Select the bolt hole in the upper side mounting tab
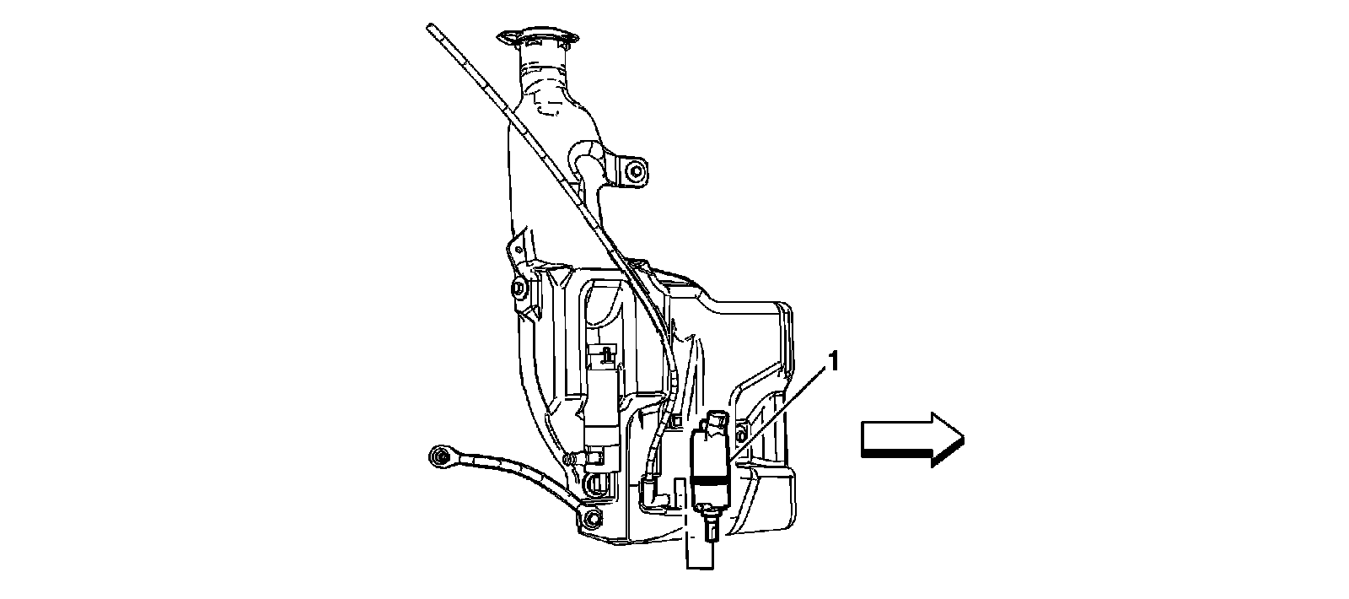click(x=633, y=174)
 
